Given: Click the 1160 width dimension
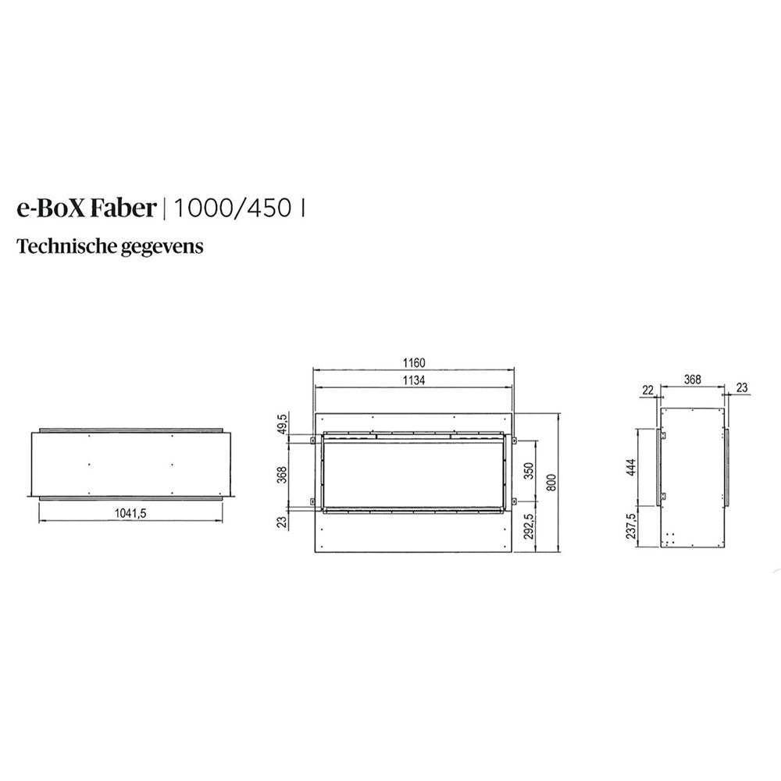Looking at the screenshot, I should (415, 362).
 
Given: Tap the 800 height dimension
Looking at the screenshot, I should (552, 483).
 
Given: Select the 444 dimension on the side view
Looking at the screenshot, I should (631, 467).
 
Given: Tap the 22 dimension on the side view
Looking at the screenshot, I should (647, 390).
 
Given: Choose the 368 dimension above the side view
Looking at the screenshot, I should (692, 380).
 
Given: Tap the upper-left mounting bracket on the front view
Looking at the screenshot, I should (314, 442).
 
